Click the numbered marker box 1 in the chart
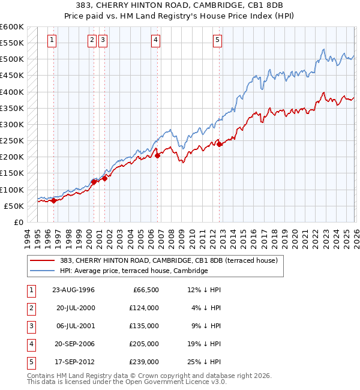point(52,40)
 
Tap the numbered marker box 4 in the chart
point(155,40)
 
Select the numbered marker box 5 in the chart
point(217,40)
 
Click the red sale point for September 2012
point(220,144)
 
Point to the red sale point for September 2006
point(158,155)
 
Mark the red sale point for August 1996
point(54,200)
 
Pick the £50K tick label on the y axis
point(13,206)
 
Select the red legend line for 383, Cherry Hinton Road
point(43,261)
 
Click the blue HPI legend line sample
point(43,271)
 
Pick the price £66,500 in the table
point(145,290)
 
